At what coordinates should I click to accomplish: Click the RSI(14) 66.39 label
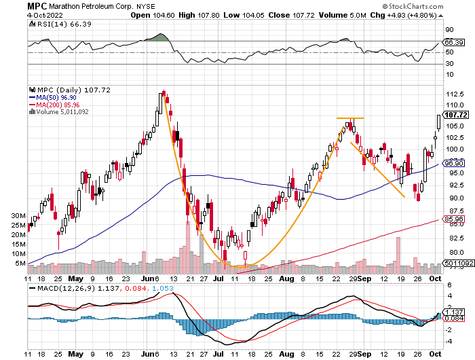53,24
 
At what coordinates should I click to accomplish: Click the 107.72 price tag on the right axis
453,115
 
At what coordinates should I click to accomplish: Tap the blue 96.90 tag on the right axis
453,164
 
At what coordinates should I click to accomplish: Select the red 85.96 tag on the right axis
453,219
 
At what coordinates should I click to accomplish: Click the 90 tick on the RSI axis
449,31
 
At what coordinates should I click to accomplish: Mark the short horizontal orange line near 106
350,119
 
